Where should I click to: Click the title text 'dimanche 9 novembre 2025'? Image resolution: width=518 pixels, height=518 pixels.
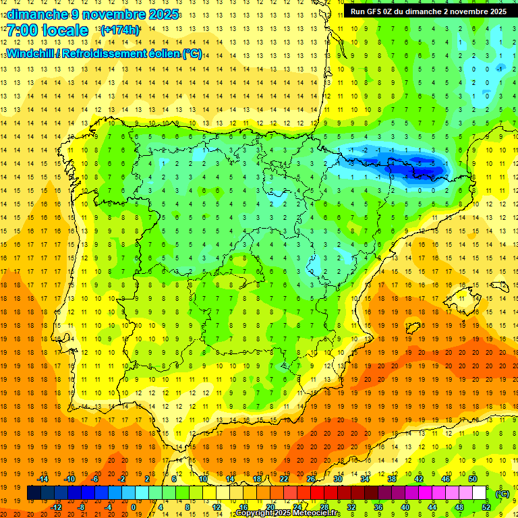tap(92, 14)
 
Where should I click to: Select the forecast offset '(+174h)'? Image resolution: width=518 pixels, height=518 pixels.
tap(119, 30)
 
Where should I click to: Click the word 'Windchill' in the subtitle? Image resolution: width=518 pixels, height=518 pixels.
tap(30, 53)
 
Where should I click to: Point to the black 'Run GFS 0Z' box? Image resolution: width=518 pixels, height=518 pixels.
tap(428, 11)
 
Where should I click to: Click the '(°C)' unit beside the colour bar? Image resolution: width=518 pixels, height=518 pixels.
tap(502, 494)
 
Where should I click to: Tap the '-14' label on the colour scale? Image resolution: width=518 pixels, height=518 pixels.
tap(43, 478)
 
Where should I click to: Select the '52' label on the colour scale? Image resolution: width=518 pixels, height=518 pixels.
tap(486, 507)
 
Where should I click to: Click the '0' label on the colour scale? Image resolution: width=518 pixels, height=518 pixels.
tap(133, 507)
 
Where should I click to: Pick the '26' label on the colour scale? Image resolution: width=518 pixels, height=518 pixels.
tap(311, 478)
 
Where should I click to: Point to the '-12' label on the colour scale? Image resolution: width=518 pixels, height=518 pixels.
tap(57, 507)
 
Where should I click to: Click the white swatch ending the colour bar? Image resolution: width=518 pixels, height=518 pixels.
tap(480, 493)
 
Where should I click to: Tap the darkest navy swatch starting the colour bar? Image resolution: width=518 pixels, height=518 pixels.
tap(34, 493)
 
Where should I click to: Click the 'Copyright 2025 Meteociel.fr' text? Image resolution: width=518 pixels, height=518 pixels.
tap(288, 513)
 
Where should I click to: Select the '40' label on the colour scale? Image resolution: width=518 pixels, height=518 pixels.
tap(405, 507)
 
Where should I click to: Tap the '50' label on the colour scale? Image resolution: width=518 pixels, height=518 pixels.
tap(473, 478)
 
